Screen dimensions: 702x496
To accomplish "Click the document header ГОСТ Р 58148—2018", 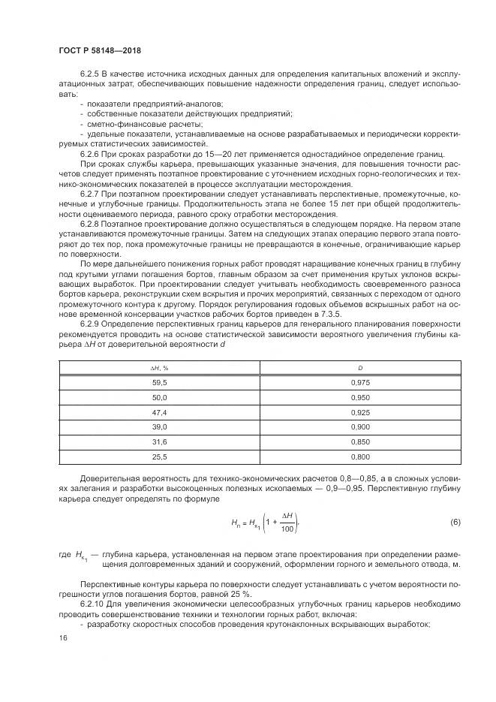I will (x=99, y=50).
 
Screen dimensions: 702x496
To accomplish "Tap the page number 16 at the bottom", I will (x=63, y=637).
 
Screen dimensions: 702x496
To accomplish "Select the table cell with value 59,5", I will (x=159, y=381).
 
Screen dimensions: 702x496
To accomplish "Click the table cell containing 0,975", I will (x=360, y=381).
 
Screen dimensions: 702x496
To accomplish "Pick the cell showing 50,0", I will (x=159, y=396).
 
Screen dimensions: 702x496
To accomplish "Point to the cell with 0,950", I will (x=360, y=396).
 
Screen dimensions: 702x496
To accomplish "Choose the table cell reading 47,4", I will (x=159, y=412).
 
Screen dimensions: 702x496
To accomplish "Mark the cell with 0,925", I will (x=360, y=412).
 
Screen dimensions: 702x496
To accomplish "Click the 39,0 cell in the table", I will (x=159, y=427).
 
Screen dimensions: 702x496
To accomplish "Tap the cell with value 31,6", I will (x=159, y=442).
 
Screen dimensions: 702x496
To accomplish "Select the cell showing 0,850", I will (x=360, y=442).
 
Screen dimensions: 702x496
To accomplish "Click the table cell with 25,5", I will (x=159, y=457).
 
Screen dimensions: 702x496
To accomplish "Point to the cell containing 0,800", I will (x=360, y=457).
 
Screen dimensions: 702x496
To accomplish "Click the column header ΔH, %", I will (x=159, y=367).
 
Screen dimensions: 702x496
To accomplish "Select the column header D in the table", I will (x=360, y=367).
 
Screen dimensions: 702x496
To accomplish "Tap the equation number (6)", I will (x=455, y=521).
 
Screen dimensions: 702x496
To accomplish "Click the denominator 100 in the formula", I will (x=286, y=529).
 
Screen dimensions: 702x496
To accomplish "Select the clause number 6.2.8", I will (x=90, y=223).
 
